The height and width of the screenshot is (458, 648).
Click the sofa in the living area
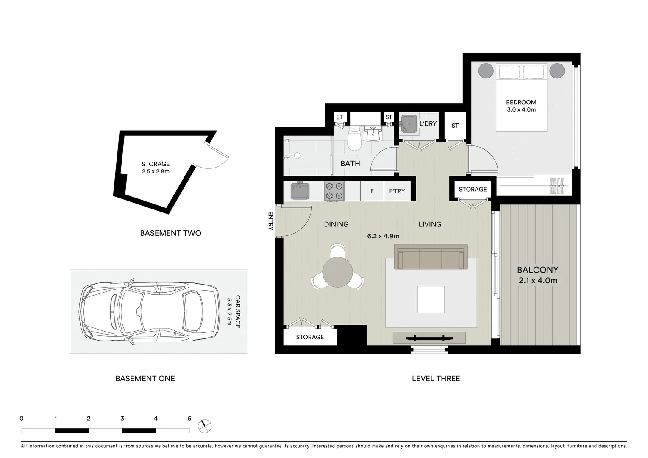coord(431,257)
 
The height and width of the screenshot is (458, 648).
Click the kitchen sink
coord(300,191)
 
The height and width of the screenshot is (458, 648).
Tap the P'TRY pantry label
coord(397,191)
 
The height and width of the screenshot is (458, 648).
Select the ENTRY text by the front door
coord(270,221)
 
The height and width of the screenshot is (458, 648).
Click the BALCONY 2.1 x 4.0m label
coord(537,275)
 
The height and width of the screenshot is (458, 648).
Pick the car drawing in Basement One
coord(150,311)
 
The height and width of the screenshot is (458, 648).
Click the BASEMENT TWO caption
coord(170,233)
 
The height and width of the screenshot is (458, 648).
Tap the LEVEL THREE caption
coord(436,378)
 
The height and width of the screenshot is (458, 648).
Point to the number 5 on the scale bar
coord(189,419)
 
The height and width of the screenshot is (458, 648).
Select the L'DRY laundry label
coord(428,124)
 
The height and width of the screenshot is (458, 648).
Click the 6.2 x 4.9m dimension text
coord(383,236)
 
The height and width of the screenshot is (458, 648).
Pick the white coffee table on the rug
coord(431,299)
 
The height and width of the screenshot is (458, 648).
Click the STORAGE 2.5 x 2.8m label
coord(156,168)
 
